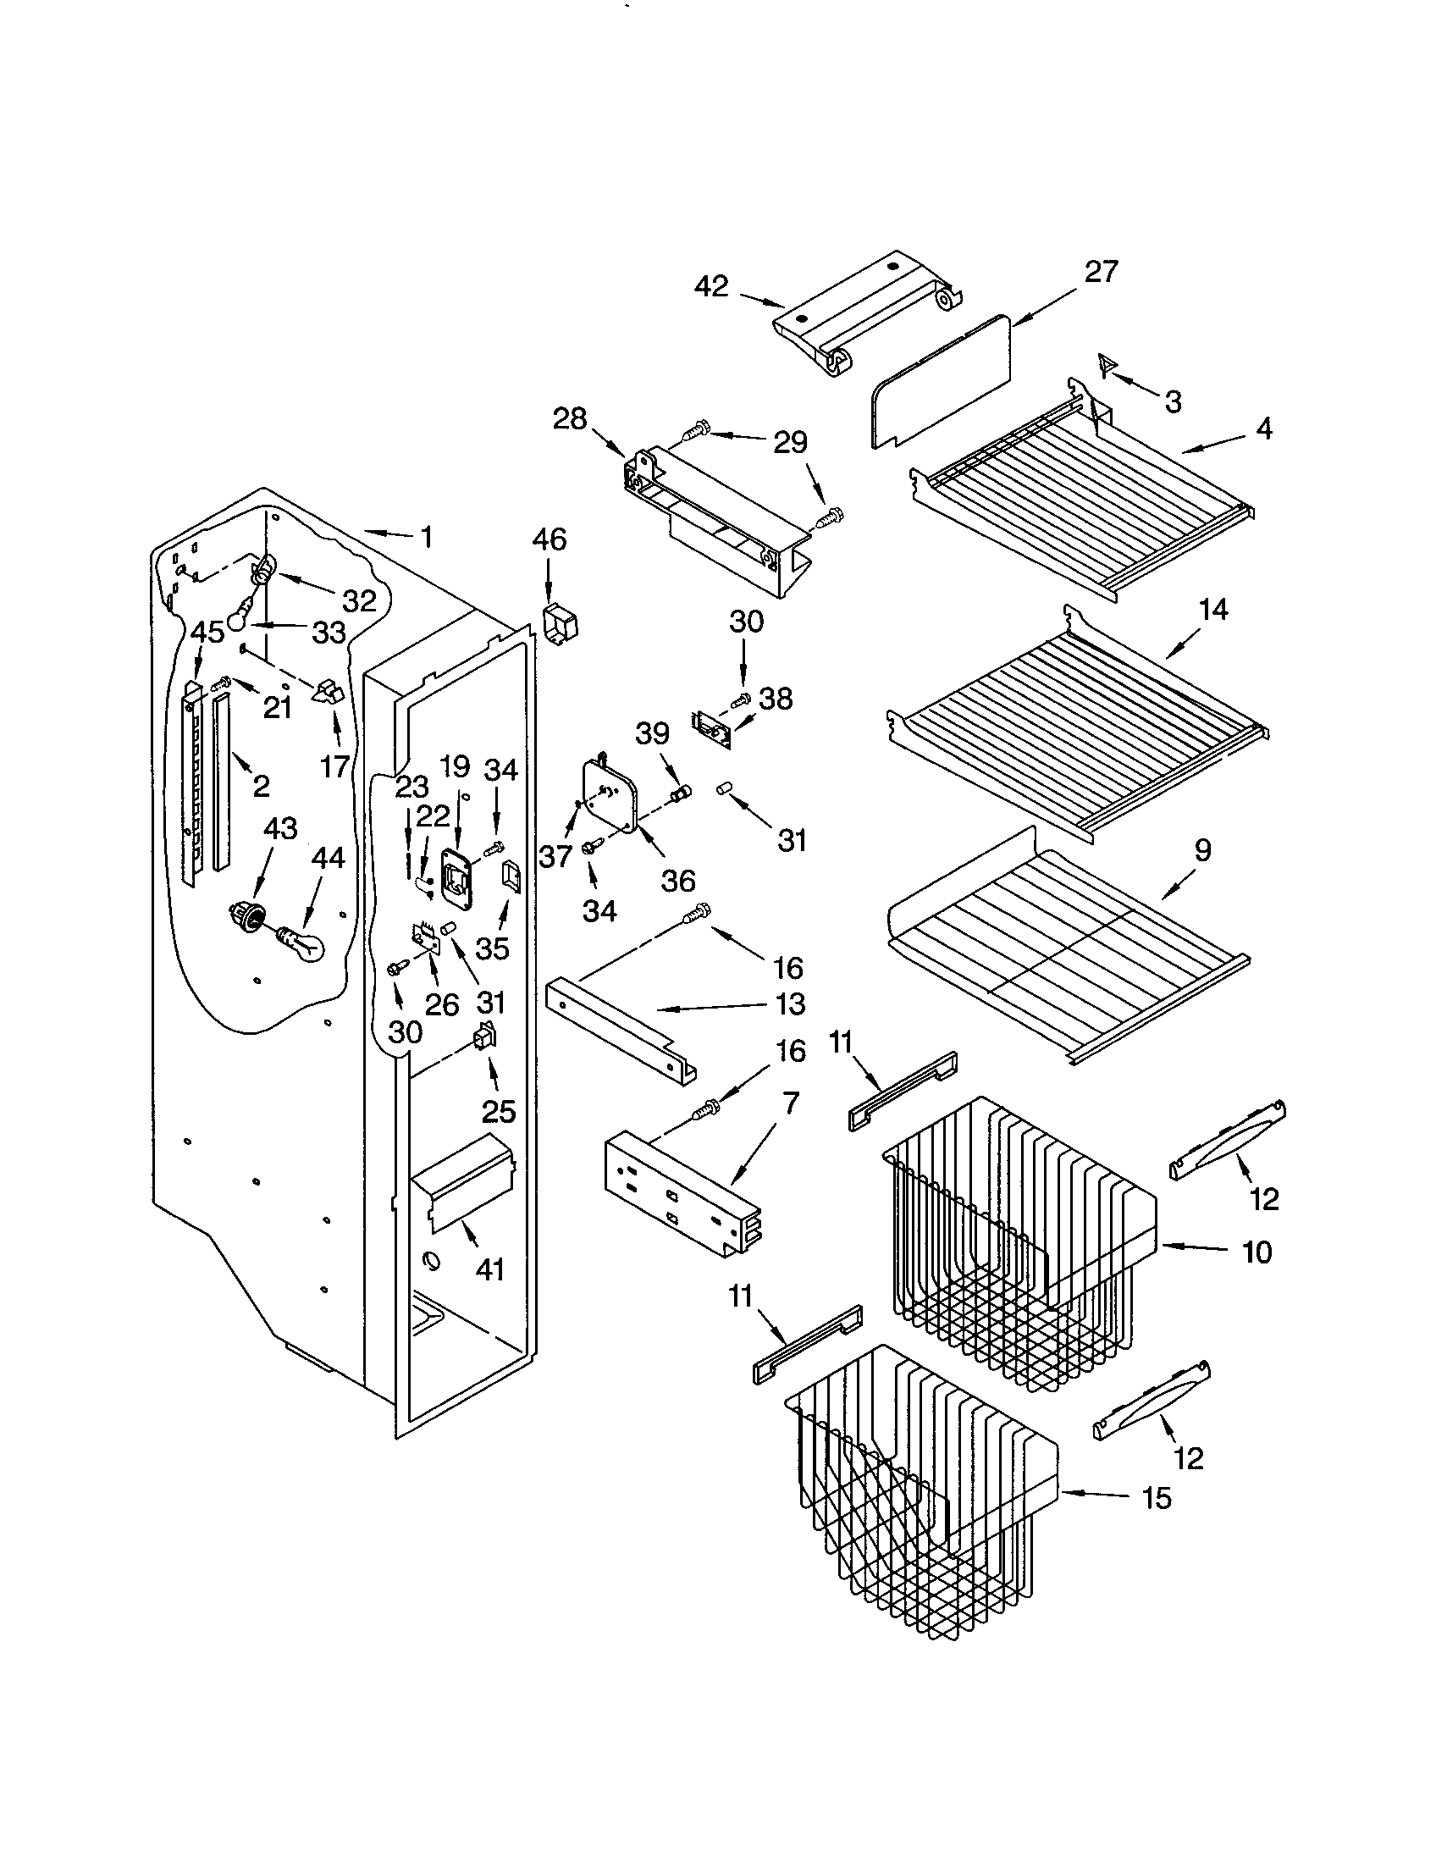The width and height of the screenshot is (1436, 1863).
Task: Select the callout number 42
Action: coord(711,285)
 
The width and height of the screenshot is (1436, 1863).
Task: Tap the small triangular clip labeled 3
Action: coord(1106,365)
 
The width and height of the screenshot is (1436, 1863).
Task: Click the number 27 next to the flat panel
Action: coord(1100,271)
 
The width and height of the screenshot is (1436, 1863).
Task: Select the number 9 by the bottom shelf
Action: coord(1201,849)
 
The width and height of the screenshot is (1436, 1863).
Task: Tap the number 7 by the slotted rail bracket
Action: coord(791,1103)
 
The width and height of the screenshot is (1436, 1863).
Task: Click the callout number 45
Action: coord(207,632)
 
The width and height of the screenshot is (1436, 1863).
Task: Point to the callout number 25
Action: coord(498,1111)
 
